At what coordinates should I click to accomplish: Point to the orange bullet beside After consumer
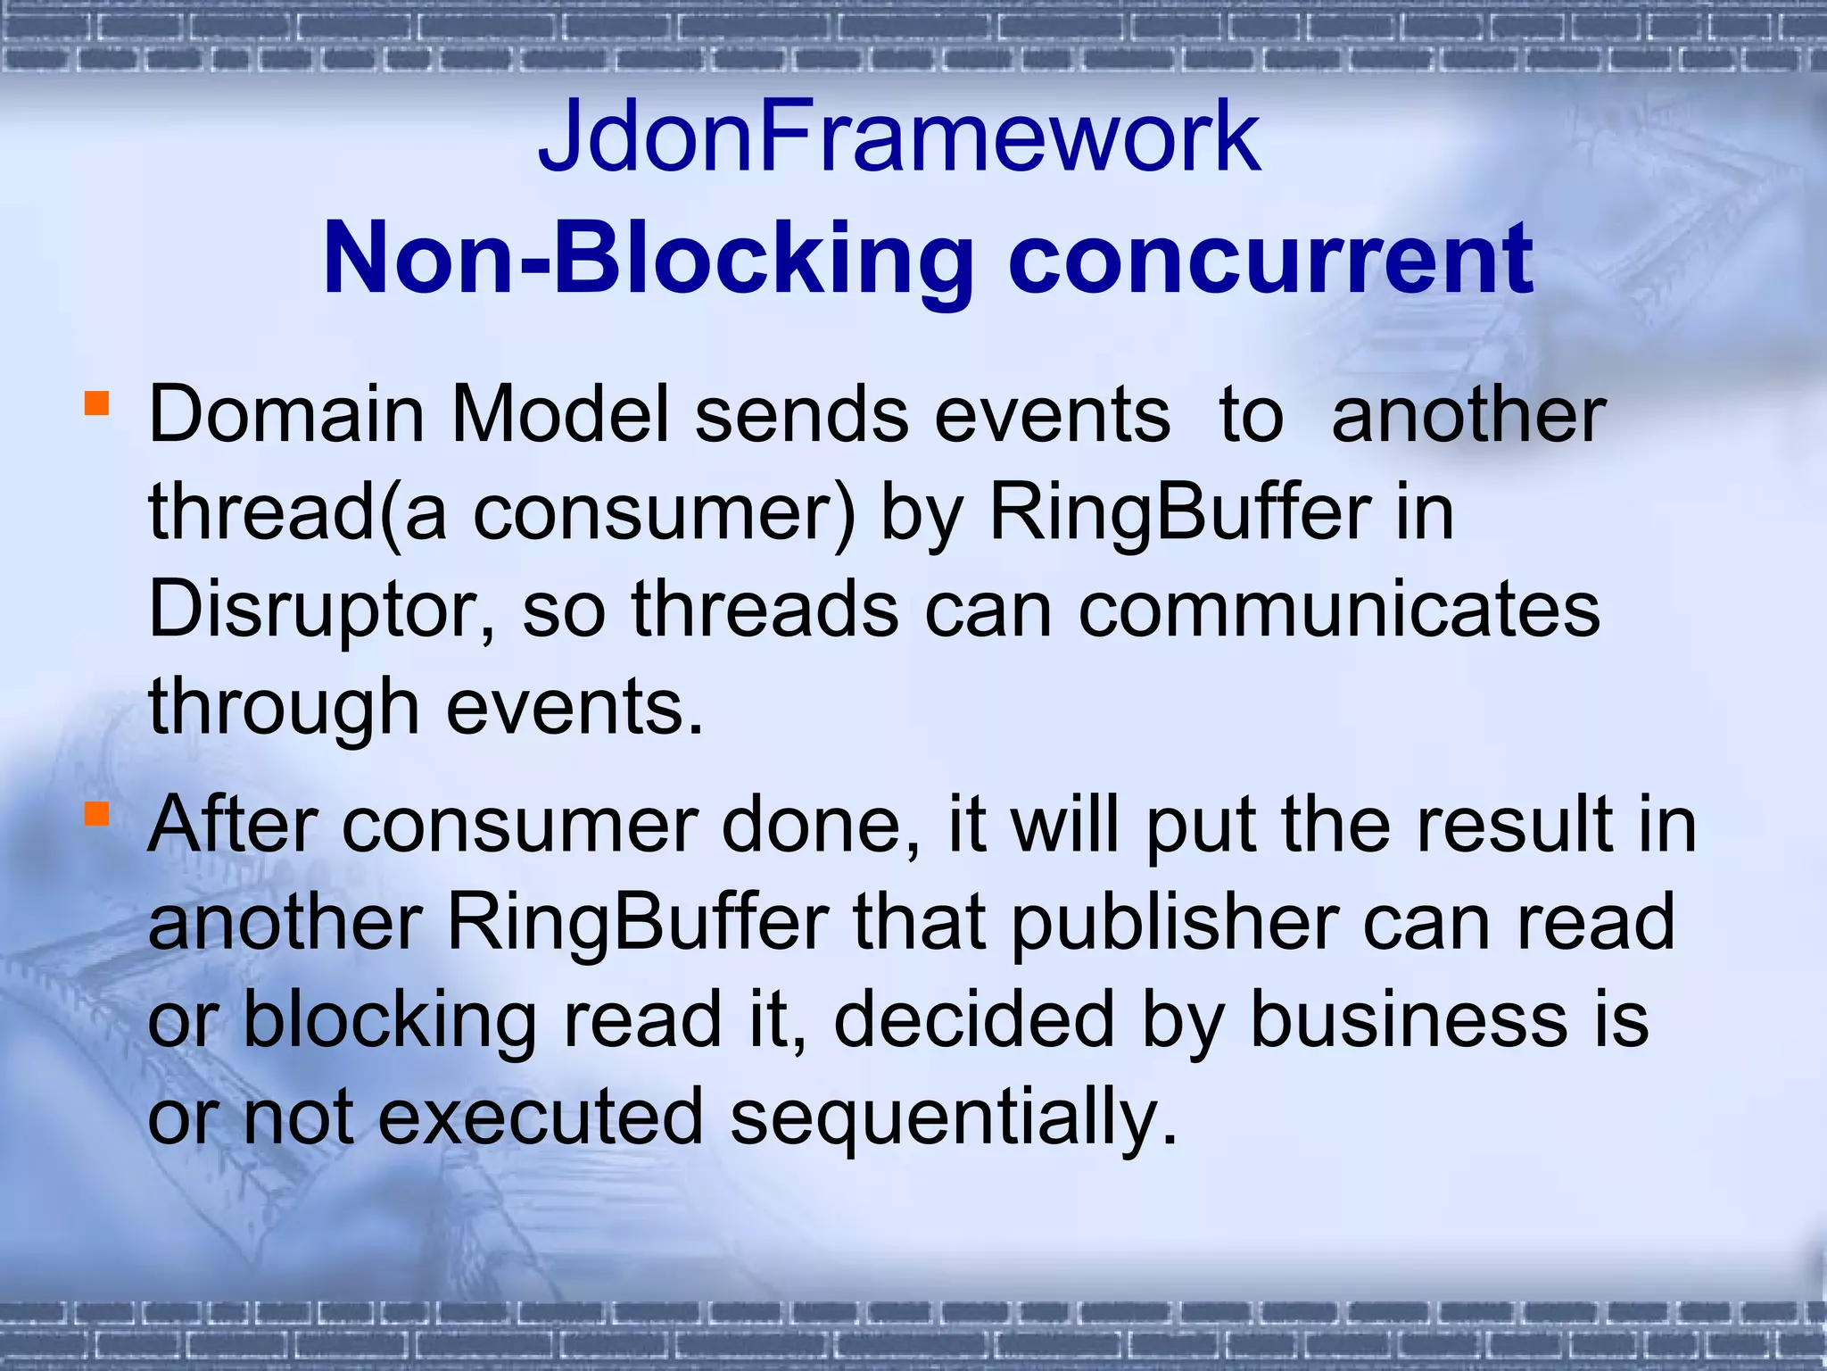(x=96, y=813)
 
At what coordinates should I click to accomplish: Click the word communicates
(x=1339, y=611)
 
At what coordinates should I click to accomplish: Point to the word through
(x=284, y=708)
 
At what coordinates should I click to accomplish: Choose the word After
(x=233, y=825)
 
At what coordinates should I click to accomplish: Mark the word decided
(x=974, y=1020)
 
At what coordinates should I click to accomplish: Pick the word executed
(x=541, y=1117)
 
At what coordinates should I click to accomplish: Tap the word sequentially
(x=954, y=1118)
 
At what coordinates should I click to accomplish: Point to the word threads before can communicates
(x=765, y=611)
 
